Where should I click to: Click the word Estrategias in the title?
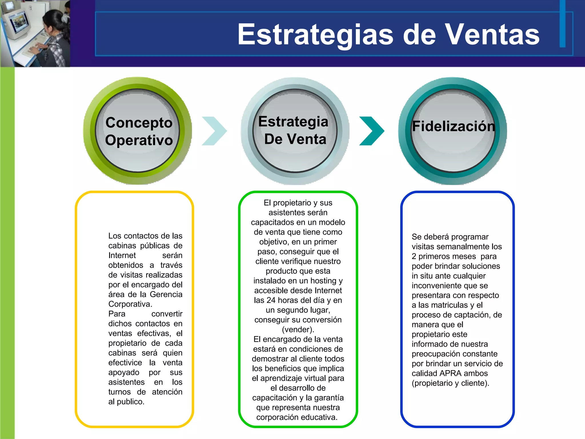click(x=315, y=35)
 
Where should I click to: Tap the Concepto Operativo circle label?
click(x=139, y=131)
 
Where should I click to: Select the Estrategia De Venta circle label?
click(x=294, y=130)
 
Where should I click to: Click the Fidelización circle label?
click(x=453, y=126)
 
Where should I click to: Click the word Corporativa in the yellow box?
click(x=130, y=304)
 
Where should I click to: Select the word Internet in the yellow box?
click(x=122, y=256)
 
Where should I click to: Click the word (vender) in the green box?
click(x=298, y=330)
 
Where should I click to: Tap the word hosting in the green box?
click(x=323, y=281)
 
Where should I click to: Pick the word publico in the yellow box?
click(x=130, y=402)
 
